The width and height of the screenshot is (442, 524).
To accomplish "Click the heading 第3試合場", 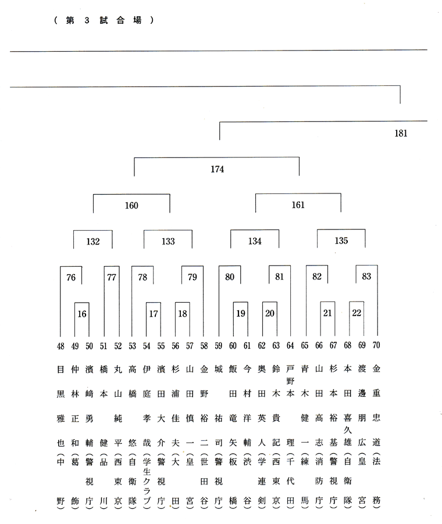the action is click(x=104, y=20).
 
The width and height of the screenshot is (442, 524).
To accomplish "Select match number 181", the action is click(x=401, y=134).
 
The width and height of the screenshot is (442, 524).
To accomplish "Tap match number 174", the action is click(x=217, y=169).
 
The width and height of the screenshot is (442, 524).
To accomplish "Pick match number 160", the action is click(x=131, y=205).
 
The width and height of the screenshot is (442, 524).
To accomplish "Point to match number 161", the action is click(x=298, y=204).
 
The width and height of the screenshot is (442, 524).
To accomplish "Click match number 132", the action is click(x=93, y=241).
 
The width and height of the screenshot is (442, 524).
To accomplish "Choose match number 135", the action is click(x=341, y=241).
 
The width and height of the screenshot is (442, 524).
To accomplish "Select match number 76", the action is click(x=71, y=277).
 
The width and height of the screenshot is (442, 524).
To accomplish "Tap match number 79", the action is click(x=193, y=277).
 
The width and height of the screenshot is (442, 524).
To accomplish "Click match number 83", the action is click(x=366, y=276).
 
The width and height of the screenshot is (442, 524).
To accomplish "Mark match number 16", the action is click(x=82, y=314).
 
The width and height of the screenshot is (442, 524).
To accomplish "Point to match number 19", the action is click(x=241, y=313).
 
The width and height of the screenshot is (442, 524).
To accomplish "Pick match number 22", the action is click(x=357, y=313).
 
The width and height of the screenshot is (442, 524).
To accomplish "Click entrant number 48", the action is click(x=60, y=346).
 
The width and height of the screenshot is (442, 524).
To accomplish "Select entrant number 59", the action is click(x=219, y=346).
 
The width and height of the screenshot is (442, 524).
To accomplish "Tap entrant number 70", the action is click(x=376, y=345).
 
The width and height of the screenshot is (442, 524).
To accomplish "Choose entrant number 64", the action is click(x=290, y=345).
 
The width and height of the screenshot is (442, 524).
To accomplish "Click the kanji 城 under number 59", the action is click(x=219, y=369).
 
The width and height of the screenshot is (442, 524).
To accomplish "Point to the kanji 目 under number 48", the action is click(x=60, y=369).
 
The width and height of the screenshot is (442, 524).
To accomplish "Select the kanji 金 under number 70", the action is click(x=376, y=369).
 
